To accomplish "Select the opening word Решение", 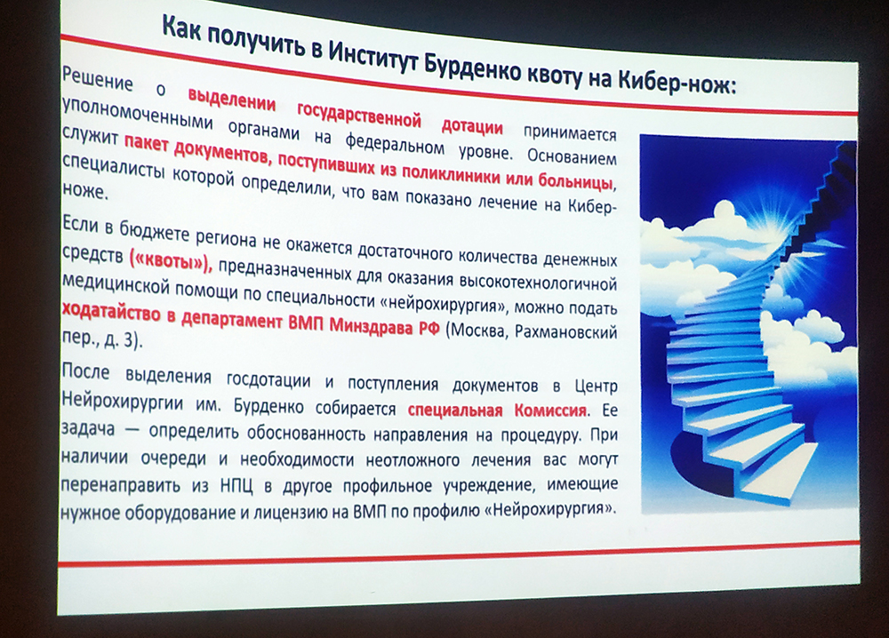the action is pos(97,80).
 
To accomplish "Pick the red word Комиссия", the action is pos(550,410).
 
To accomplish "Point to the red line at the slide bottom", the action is pos(460,554).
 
